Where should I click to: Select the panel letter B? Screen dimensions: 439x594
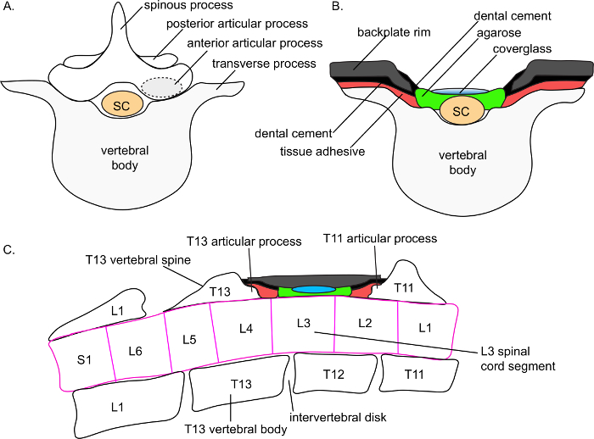(338, 8)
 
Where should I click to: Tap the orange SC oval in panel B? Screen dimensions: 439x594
(461, 111)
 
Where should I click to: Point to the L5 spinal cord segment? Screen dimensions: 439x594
(191, 339)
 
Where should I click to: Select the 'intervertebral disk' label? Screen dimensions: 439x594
(327, 416)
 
